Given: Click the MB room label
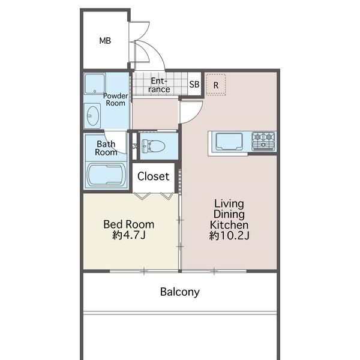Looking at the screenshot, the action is pyautogui.click(x=105, y=41).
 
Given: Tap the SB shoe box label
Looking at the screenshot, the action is pyautogui.click(x=194, y=85).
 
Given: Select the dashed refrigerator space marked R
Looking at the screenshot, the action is pyautogui.click(x=216, y=84).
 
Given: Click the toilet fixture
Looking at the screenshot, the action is pyautogui.click(x=154, y=146).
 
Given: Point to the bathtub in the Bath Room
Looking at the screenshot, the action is pyautogui.click(x=106, y=175).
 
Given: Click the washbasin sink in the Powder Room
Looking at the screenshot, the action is pyautogui.click(x=92, y=116).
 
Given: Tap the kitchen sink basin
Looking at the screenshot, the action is pyautogui.click(x=229, y=141).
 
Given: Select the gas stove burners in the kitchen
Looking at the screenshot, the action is pyautogui.click(x=263, y=141).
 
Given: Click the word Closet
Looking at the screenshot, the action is pyautogui.click(x=153, y=176).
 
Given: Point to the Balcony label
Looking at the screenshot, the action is pyautogui.click(x=180, y=292).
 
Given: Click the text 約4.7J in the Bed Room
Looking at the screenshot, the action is pyautogui.click(x=129, y=235).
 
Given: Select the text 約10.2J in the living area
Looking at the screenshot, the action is pyautogui.click(x=229, y=235).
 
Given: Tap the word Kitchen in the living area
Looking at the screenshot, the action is pyautogui.click(x=229, y=225).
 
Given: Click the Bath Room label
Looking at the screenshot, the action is pyautogui.click(x=106, y=148).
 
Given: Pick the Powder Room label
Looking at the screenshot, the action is pyautogui.click(x=115, y=100).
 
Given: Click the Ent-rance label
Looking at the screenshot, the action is pyautogui.click(x=159, y=85).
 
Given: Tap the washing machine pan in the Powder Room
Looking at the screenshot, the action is pyautogui.click(x=95, y=83).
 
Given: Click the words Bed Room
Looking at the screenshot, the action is pyautogui.click(x=129, y=224).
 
